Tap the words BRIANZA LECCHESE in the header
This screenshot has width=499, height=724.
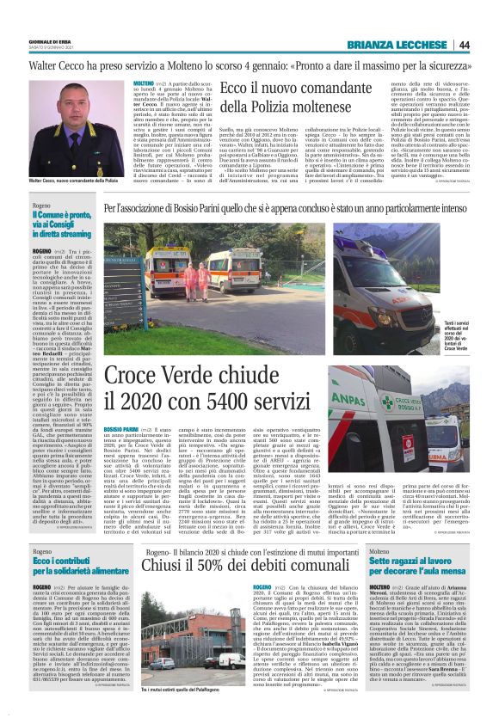[395, 46]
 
